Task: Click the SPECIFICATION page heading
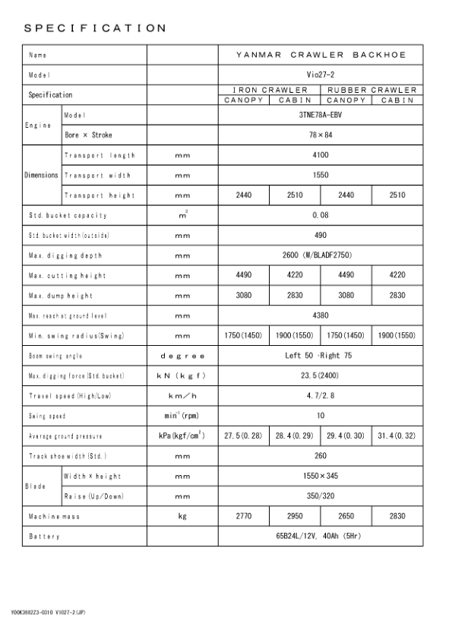(94, 28)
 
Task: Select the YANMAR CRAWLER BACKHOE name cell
(321, 55)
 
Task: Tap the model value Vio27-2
(321, 75)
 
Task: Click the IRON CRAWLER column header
(270, 90)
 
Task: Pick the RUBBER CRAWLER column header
(372, 90)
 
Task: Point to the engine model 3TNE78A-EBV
(321, 115)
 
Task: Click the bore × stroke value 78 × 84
(321, 135)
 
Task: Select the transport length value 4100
(321, 155)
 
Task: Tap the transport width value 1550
(321, 175)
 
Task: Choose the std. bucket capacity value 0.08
(321, 215)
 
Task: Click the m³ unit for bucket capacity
(182, 215)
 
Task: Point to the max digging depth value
(321, 255)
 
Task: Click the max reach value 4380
(321, 315)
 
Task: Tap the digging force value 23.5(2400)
(321, 375)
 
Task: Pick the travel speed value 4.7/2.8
(321, 395)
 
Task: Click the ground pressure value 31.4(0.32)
(397, 436)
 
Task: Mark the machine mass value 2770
(244, 516)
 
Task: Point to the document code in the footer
(48, 612)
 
